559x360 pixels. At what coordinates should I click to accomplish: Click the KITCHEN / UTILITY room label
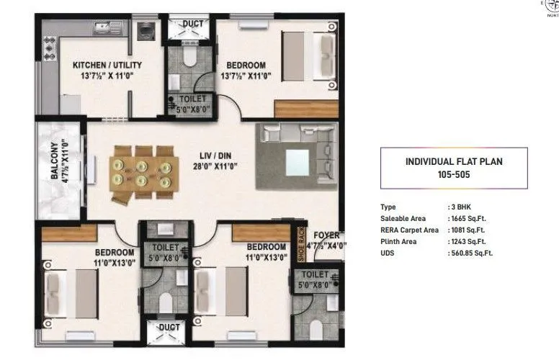(107, 65)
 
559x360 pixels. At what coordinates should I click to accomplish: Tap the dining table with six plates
(142, 171)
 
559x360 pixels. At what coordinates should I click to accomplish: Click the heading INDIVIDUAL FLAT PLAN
(453, 161)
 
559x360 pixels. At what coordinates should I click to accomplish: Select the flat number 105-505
(454, 174)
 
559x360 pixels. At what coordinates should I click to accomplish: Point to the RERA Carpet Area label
(409, 230)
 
